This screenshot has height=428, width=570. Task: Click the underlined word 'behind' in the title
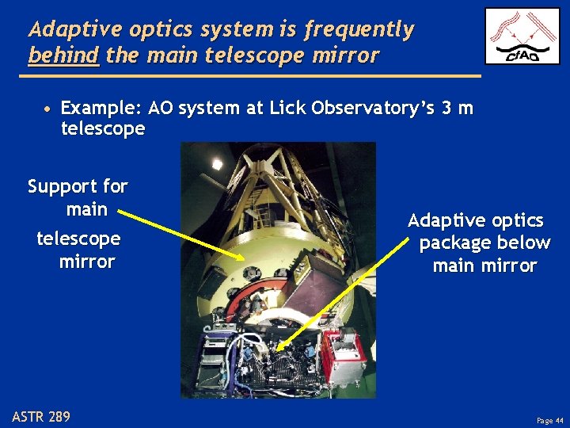point(63,56)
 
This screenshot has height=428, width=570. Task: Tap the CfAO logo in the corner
point(522,36)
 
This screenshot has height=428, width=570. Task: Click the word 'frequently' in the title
point(359,30)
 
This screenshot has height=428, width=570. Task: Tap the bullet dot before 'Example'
point(48,109)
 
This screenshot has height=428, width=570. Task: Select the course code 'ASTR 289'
point(41,416)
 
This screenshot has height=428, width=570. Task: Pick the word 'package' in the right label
point(450,243)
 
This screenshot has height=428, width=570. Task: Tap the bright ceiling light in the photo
point(216,164)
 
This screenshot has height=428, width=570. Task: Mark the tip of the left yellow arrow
point(246,259)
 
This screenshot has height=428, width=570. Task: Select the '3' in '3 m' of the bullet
point(447,108)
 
